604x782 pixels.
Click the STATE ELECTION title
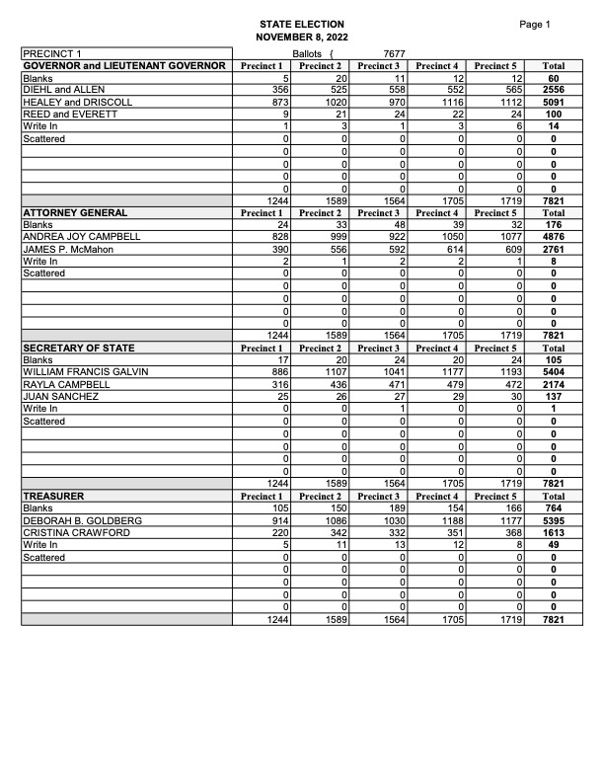coord(302,24)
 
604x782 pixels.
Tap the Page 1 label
coord(534,24)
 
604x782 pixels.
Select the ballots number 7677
coord(395,52)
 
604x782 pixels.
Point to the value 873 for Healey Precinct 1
coord(274,102)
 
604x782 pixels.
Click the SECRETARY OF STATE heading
coord(79,348)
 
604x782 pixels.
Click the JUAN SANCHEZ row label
coord(60,396)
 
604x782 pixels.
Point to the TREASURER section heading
coord(53,495)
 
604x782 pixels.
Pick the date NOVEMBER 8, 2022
coord(302,38)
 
